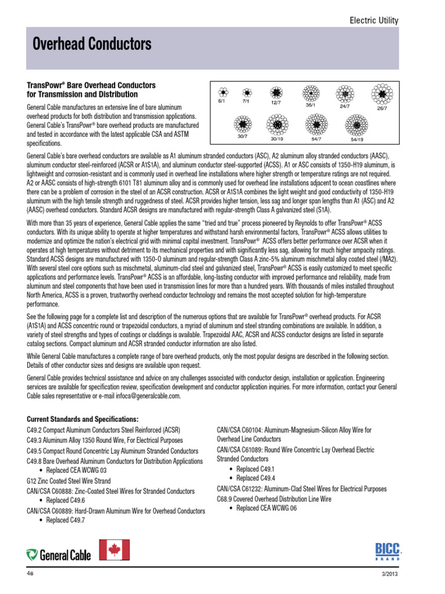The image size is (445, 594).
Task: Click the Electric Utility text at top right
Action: (x=374, y=21)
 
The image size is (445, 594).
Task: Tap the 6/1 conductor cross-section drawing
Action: (x=222, y=93)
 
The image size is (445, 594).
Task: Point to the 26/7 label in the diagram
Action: (x=383, y=108)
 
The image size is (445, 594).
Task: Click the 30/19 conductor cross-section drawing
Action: (x=277, y=124)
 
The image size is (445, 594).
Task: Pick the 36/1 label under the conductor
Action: (x=310, y=105)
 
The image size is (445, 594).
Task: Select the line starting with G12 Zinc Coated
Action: (x=69, y=481)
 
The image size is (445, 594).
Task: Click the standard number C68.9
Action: (x=227, y=498)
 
